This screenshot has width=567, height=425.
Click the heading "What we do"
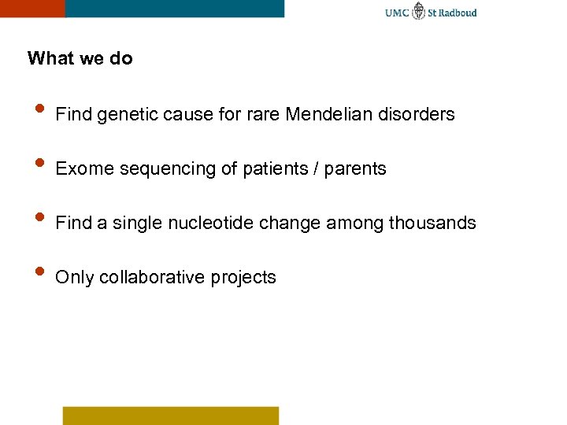pyautogui.click(x=80, y=58)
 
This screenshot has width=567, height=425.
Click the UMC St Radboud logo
pyautogui.click(x=431, y=13)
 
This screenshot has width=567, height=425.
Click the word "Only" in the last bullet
pyautogui.click(x=73, y=278)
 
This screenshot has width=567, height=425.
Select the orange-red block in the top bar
pyautogui.click(x=31, y=8)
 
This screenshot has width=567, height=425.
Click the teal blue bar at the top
pyautogui.click(x=174, y=8)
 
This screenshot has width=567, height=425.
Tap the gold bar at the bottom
pyautogui.click(x=171, y=415)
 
